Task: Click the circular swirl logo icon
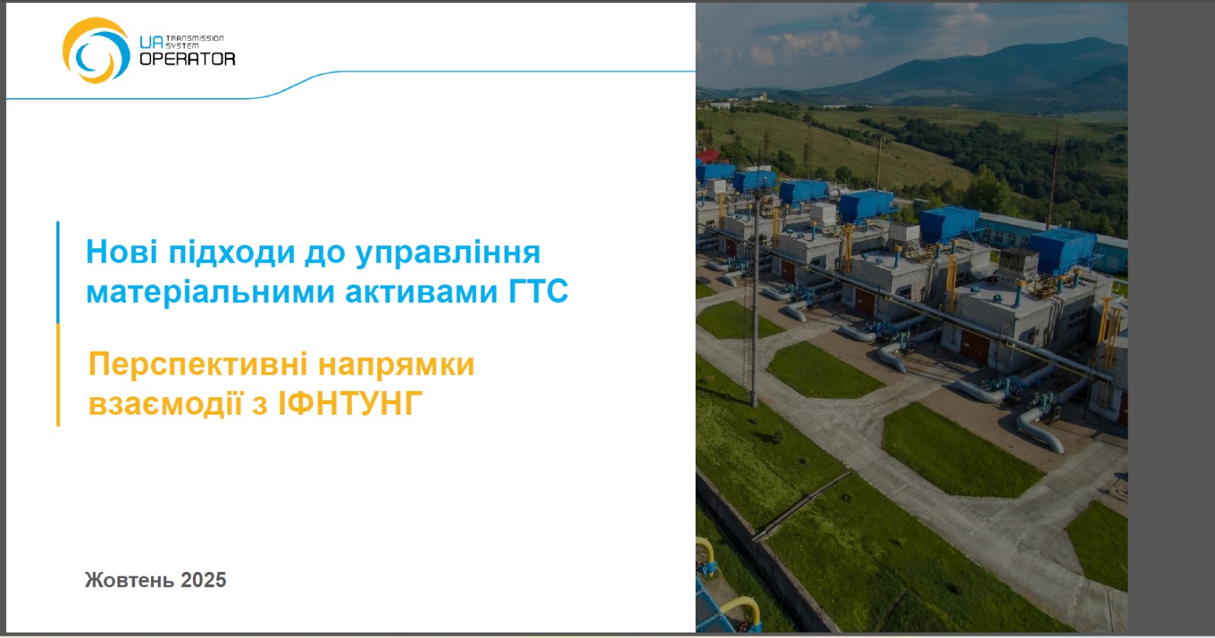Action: [96, 50]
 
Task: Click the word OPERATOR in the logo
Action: [187, 58]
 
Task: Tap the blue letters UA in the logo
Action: [151, 43]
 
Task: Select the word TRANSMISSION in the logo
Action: [194, 39]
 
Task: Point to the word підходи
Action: [231, 253]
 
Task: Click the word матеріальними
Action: [210, 292]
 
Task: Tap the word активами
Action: [421, 292]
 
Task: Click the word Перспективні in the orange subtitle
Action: [198, 365]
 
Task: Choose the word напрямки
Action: [396, 365]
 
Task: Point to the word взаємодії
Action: [165, 403]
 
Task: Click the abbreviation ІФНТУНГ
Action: [350, 403]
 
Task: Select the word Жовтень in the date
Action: [129, 580]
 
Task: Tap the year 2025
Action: [203, 580]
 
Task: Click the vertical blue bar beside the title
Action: [58, 273]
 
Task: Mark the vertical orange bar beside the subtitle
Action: [58, 375]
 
